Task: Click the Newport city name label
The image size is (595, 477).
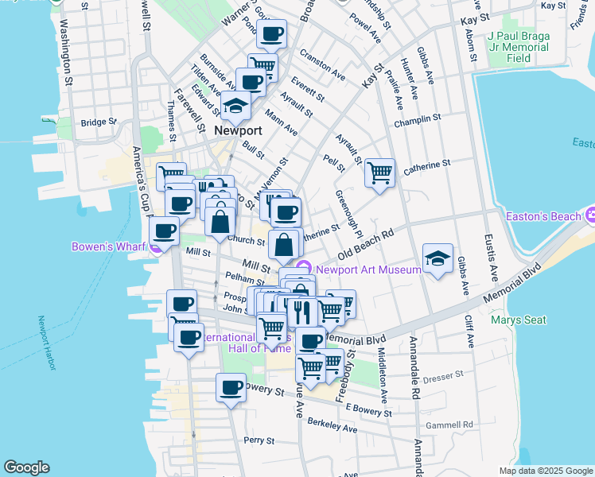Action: tap(238, 130)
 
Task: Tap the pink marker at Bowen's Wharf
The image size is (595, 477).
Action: tap(157, 246)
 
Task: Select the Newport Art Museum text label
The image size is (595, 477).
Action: tap(367, 270)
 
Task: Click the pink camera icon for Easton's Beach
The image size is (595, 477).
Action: tap(591, 215)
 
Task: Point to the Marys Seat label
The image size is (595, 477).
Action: tap(518, 320)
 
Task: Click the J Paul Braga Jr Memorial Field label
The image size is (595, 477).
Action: tap(518, 47)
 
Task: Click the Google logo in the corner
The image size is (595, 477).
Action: tap(26, 467)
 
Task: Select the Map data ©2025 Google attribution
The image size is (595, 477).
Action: tap(545, 471)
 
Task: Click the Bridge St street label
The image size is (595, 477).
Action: tap(98, 122)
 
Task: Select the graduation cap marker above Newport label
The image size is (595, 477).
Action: tap(235, 105)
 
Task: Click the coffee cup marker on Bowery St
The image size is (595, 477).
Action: tap(231, 388)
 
